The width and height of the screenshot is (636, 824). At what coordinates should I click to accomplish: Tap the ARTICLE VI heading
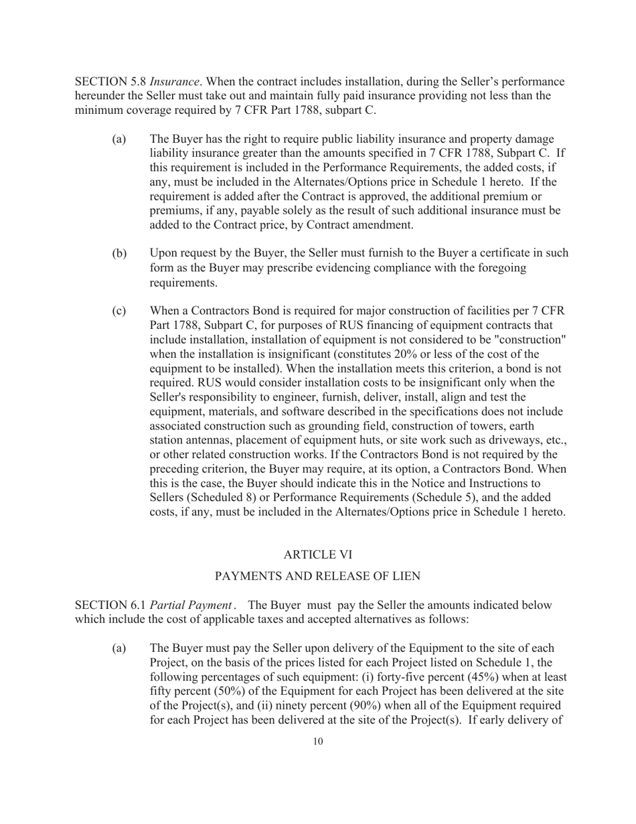[317, 554]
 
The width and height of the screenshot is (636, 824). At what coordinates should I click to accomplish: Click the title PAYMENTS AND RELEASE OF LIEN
[317, 576]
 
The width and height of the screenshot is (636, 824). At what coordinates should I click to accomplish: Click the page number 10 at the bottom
[317, 741]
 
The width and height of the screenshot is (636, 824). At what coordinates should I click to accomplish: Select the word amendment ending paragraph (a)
[383, 225]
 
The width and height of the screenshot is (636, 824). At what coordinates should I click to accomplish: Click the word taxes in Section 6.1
[248, 620]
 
